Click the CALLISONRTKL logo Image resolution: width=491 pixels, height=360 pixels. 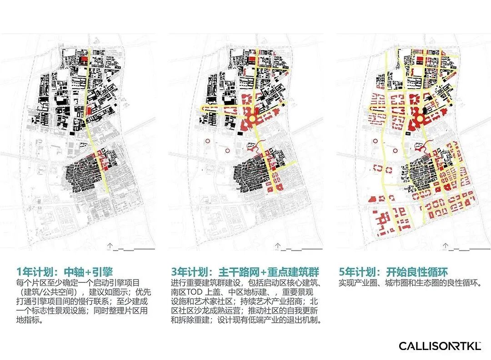440,346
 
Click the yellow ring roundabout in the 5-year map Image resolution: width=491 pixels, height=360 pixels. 419,119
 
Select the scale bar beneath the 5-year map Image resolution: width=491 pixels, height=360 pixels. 468,249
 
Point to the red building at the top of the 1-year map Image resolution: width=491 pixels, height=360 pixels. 83,59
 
